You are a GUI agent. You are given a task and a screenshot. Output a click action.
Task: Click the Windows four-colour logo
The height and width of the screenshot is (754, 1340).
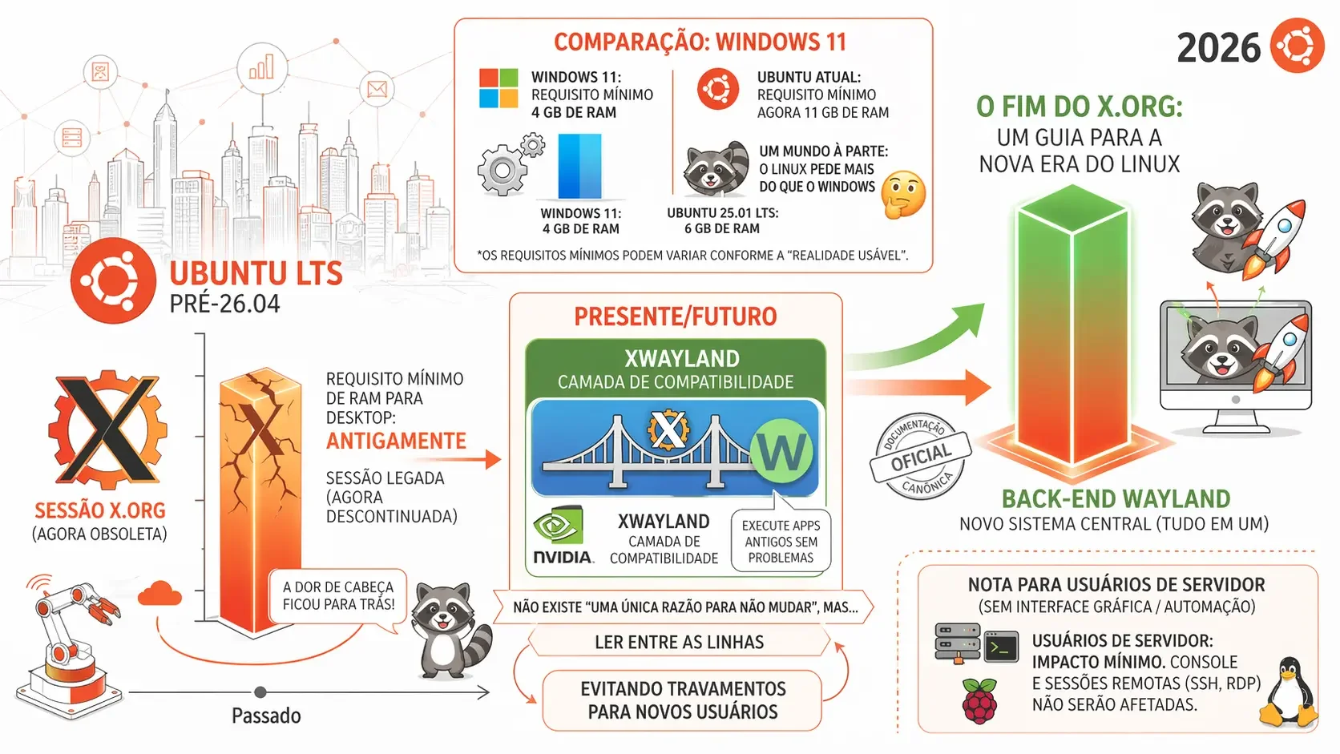[498, 88]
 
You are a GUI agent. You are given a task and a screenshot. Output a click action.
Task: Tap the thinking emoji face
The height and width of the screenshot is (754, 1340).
[904, 195]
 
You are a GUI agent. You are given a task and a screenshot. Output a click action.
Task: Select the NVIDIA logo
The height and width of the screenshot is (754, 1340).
[563, 536]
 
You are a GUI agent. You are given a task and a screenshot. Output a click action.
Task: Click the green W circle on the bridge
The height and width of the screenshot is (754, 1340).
[781, 451]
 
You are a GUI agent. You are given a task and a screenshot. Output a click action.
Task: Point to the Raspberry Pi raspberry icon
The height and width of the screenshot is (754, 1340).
[979, 700]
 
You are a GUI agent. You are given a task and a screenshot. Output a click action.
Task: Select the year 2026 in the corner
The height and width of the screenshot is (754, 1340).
[1218, 48]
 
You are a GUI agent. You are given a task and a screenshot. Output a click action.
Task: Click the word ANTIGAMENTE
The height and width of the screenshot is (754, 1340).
[396, 442]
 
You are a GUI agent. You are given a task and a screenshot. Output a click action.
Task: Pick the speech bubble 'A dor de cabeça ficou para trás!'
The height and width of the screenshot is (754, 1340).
[338, 597]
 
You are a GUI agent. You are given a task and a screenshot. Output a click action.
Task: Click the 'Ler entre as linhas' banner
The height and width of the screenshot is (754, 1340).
[679, 642]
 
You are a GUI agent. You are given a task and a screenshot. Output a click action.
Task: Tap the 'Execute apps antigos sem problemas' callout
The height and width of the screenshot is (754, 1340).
[781, 541]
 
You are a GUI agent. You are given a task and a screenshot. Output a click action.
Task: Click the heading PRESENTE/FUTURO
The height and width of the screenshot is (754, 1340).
[676, 317]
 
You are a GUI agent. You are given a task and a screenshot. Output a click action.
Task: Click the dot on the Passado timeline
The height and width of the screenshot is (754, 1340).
[260, 692]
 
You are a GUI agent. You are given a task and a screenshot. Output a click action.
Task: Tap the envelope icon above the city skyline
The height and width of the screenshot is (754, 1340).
[377, 89]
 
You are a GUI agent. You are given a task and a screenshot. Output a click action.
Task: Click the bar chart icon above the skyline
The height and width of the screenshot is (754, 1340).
[261, 67]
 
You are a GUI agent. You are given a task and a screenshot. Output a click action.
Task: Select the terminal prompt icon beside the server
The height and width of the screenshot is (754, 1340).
[1002, 647]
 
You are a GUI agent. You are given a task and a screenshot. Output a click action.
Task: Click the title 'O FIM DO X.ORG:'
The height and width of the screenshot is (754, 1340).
[1080, 107]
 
